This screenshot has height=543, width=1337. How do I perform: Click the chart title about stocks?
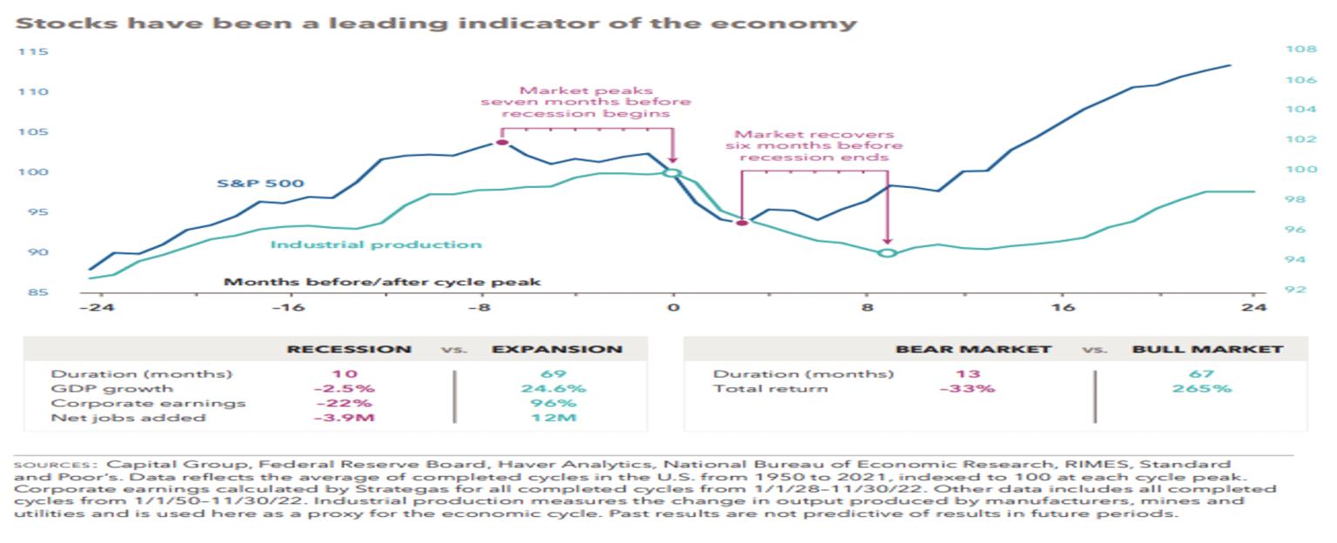(x=436, y=23)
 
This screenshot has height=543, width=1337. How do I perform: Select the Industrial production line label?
(x=376, y=245)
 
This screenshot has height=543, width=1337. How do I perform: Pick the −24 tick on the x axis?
(x=90, y=308)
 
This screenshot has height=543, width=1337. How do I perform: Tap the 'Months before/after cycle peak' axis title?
(x=382, y=282)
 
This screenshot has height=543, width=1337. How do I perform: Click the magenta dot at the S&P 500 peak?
(x=501, y=143)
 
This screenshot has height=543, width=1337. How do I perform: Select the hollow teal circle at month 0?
(x=672, y=173)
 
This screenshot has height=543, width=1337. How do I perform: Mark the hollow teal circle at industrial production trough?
(x=887, y=253)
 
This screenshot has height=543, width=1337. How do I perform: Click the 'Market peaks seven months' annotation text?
(x=587, y=102)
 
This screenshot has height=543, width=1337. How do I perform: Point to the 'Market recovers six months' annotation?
(x=814, y=145)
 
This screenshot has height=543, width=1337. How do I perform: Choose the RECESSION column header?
(x=350, y=349)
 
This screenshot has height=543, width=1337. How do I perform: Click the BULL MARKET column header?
(x=1207, y=349)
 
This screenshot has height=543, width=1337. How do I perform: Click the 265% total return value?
(x=1207, y=388)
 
